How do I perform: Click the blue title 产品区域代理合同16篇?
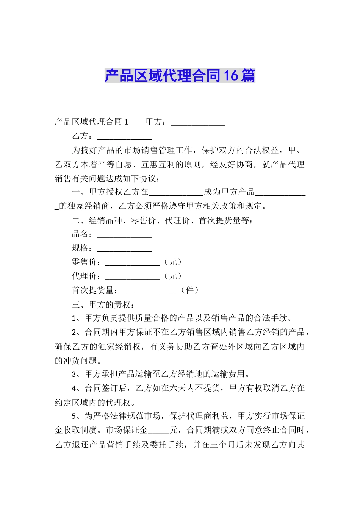(x=180, y=76)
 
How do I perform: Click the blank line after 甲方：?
(x=198, y=123)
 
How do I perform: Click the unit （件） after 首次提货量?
(x=190, y=290)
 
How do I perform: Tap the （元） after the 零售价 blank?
(x=173, y=262)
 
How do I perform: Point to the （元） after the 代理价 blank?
(x=173, y=276)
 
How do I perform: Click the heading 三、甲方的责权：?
(x=103, y=304)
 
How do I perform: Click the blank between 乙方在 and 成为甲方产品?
(x=176, y=193)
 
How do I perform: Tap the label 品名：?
(x=82, y=234)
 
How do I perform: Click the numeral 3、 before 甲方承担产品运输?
(x=76, y=375)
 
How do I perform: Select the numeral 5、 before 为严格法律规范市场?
(x=76, y=417)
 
